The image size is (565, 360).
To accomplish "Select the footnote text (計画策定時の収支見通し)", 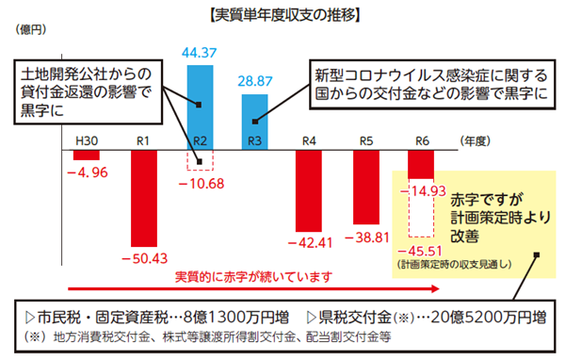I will click(x=454, y=265).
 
